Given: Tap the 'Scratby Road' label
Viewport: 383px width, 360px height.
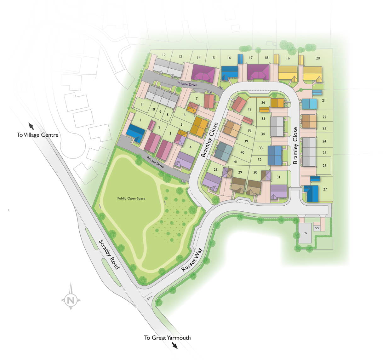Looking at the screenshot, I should point(109,254).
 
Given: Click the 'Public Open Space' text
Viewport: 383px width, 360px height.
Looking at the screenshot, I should point(131,198).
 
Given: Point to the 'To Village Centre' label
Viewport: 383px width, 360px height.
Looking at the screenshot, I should point(37,135).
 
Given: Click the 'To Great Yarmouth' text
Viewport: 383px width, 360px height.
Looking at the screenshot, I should point(167,338).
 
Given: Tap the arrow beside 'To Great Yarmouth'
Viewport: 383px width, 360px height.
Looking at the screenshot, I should point(174,346).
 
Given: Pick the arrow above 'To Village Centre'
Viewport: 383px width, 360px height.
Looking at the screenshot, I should point(31,126).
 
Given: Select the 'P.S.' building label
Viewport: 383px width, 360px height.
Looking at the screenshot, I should point(305,233).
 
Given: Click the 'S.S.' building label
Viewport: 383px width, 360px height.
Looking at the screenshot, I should point(317,228).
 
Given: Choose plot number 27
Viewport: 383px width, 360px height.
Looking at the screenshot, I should point(325,189).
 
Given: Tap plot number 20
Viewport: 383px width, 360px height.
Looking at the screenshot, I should point(318,58).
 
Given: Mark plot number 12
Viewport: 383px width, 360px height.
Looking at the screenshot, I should point(164,55).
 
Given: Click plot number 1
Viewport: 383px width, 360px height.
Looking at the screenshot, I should point(140,120).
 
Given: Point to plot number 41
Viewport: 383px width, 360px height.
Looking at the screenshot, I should point(236,162).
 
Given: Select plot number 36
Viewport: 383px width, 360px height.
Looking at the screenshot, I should point(263,102).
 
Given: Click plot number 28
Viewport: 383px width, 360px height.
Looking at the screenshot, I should point(215,170).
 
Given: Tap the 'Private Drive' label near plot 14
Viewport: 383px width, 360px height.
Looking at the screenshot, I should point(187,84).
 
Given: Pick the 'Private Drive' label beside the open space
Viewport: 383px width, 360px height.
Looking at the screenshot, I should point(156,163).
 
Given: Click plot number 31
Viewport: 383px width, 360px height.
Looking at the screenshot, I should point(278,177).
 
